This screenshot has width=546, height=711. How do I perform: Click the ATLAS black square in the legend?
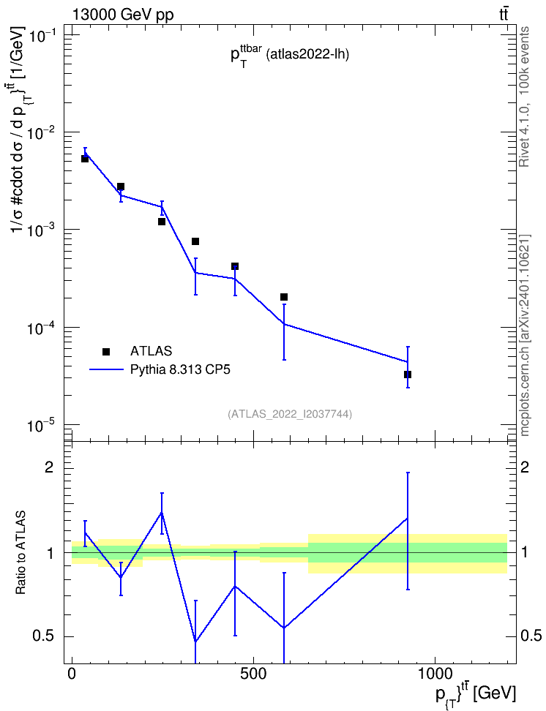(x=106, y=351)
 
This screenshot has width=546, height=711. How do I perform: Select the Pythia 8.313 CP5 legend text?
(x=180, y=369)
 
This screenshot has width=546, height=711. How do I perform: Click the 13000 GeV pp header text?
(x=123, y=15)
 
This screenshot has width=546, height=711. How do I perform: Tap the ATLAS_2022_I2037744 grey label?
(x=290, y=413)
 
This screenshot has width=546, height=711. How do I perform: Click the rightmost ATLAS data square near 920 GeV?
(x=408, y=375)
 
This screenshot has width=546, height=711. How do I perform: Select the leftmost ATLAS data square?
(x=84, y=159)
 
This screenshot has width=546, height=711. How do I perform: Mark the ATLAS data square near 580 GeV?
(x=284, y=297)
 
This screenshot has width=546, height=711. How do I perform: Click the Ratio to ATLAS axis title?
(x=20, y=552)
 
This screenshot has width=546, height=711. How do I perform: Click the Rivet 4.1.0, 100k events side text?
(x=524, y=97)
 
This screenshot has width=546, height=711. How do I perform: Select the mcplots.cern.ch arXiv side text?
(x=524, y=336)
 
